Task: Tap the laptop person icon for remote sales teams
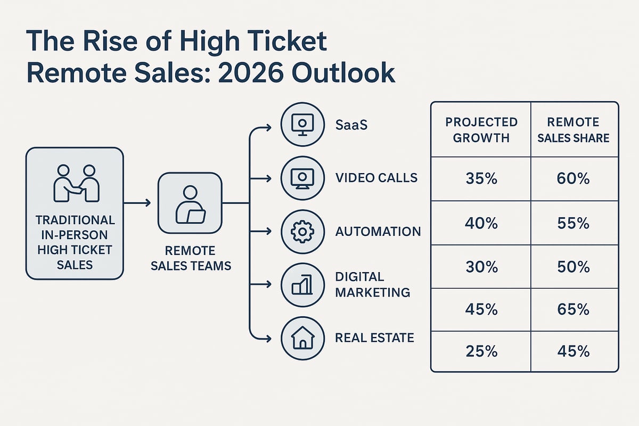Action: (x=190, y=204)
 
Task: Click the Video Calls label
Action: (x=376, y=178)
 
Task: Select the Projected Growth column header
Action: (x=481, y=129)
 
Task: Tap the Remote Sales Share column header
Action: (x=573, y=129)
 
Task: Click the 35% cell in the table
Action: (x=481, y=179)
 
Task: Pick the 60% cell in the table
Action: (x=573, y=179)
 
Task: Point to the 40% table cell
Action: (x=481, y=223)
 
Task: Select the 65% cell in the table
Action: (x=573, y=309)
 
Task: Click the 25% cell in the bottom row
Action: (x=481, y=351)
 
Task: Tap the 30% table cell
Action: (x=481, y=266)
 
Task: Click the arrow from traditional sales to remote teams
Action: (x=137, y=203)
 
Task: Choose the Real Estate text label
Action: (x=374, y=338)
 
